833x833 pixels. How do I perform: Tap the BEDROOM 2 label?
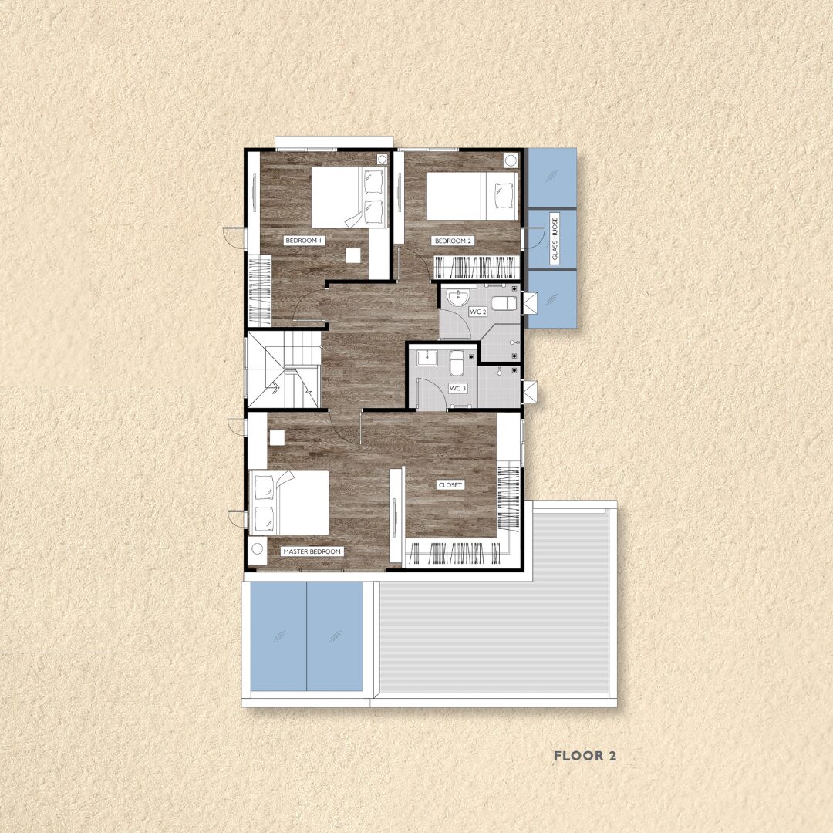click(454, 241)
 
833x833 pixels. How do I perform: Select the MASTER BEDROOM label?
click(312, 551)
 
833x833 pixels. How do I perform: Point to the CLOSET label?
click(450, 485)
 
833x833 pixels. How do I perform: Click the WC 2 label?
click(477, 312)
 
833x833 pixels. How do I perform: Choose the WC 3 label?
click(457, 388)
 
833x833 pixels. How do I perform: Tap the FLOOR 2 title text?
click(585, 756)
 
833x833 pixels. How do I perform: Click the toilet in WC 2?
click(504, 304)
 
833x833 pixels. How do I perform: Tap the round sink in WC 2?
click(457, 298)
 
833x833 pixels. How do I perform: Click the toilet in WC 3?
click(457, 363)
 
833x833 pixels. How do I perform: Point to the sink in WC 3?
click(427, 358)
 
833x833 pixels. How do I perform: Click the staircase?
click(284, 369)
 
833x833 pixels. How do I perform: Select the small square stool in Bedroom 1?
click(352, 255)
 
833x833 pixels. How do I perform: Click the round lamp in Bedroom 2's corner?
click(511, 160)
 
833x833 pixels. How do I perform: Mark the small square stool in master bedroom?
click(277, 438)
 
